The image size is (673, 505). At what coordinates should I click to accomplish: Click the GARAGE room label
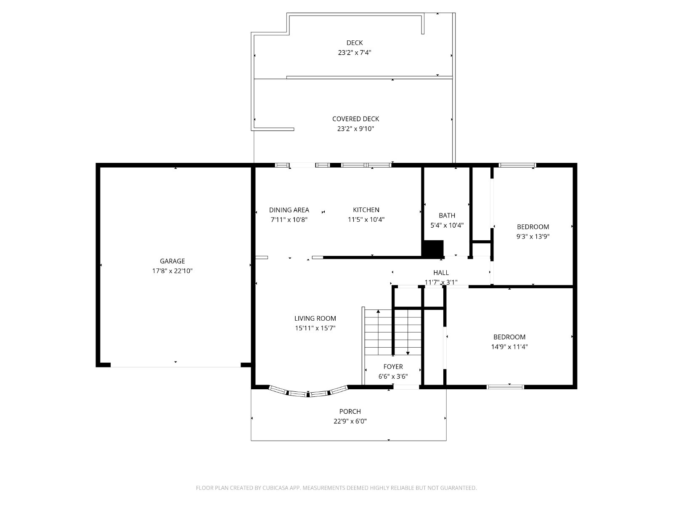point(172,261)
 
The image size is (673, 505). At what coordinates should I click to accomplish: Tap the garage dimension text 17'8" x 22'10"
point(172,271)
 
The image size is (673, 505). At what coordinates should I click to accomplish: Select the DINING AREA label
point(289,210)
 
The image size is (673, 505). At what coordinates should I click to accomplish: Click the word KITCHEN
point(366,210)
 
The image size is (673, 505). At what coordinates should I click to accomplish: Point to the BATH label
point(447,215)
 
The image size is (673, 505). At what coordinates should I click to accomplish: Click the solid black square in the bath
point(433,248)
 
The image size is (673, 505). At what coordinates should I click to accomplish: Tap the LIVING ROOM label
point(315,318)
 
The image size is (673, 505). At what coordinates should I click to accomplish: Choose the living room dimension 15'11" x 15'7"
point(315,328)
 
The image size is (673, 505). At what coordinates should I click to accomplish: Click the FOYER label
point(393,367)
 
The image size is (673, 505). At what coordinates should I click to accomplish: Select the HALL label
point(441,273)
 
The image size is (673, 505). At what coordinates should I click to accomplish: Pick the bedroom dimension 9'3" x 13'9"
point(533,237)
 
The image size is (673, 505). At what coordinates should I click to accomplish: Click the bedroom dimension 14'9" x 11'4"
point(509,347)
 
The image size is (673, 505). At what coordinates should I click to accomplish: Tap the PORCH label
point(350,411)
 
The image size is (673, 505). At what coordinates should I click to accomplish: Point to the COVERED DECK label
point(356,119)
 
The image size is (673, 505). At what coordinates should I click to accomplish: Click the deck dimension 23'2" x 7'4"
point(355,53)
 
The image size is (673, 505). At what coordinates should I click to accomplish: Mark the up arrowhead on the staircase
point(378,311)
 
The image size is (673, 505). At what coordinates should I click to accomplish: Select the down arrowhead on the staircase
point(408,353)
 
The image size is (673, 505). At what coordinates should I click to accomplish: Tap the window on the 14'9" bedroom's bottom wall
point(505,387)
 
